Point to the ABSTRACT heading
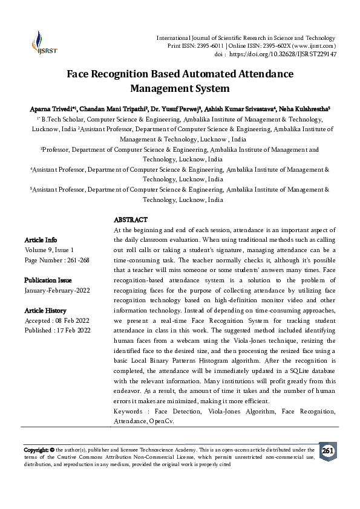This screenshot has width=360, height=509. tap(131, 219)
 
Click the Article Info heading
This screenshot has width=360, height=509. tap(41, 240)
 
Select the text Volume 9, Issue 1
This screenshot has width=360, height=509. tap(50, 250)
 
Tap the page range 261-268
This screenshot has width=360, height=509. tap(77, 259)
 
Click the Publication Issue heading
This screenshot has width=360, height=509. tap(48, 280)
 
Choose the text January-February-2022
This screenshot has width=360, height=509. tap(57, 290)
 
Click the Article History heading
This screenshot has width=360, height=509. tap(45, 310)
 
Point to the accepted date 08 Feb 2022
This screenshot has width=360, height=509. tap(71, 320)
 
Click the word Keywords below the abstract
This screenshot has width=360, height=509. tap(129, 411)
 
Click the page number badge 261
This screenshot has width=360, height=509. tap(327, 451)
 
